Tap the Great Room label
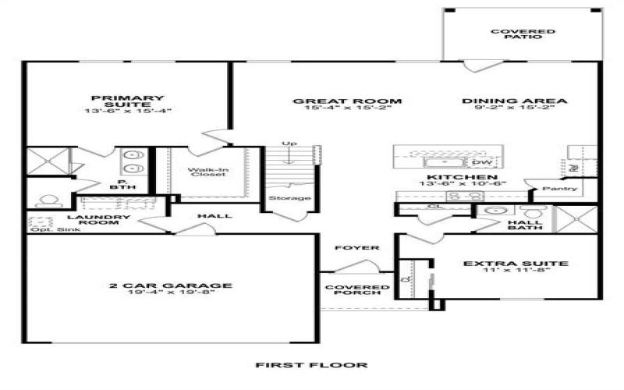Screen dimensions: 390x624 [347, 101]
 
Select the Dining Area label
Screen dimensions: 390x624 [515, 101]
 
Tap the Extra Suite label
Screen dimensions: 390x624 [516, 264]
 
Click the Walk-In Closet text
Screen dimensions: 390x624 [207, 171]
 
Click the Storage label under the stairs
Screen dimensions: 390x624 [291, 198]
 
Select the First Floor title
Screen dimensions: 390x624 [313, 365]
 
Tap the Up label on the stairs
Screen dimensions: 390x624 [290, 144]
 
